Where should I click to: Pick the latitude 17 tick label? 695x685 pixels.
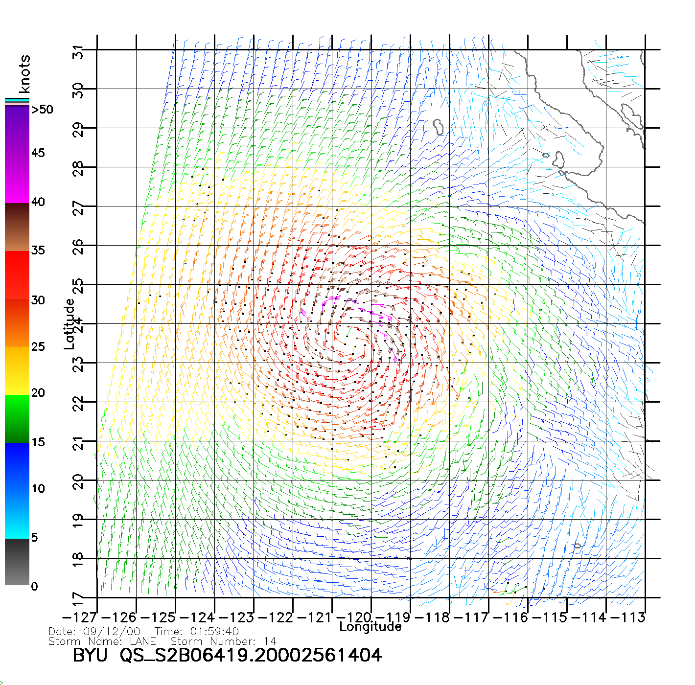(x=78, y=598)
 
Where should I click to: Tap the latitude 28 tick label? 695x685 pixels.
(x=78, y=168)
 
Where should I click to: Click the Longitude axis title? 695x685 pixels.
(x=371, y=627)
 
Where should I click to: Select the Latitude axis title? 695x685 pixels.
(x=69, y=324)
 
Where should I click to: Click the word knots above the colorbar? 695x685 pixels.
(x=24, y=74)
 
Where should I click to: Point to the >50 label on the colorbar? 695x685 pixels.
(x=42, y=110)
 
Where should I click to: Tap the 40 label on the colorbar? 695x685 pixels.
(x=38, y=202)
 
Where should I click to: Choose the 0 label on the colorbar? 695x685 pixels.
(x=34, y=586)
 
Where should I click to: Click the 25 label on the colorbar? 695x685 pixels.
(x=38, y=347)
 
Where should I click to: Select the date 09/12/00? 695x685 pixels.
(x=112, y=632)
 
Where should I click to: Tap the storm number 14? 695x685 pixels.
(x=269, y=641)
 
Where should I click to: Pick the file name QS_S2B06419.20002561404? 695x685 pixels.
(x=251, y=655)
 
